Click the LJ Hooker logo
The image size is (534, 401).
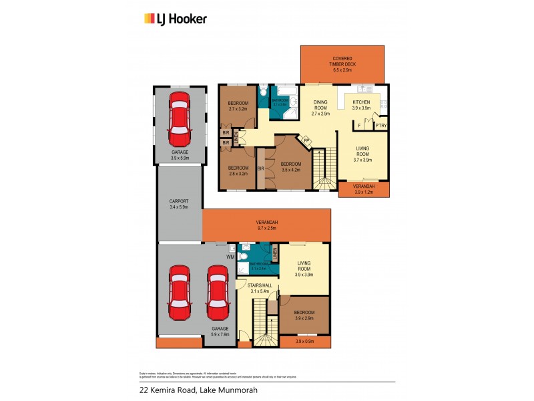(x=176, y=19)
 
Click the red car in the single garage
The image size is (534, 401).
(x=178, y=120)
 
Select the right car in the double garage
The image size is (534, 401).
(x=218, y=293)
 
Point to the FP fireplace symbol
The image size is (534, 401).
(x=306, y=140)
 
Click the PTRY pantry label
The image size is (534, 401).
(x=380, y=126)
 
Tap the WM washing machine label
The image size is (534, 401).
(x=231, y=256)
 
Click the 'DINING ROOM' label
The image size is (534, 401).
(x=321, y=106)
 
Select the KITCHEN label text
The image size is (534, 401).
(x=361, y=102)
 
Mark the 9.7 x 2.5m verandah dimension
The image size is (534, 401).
(x=266, y=229)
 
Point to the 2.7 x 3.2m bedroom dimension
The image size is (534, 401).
(x=238, y=108)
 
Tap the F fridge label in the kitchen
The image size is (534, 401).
(x=360, y=126)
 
